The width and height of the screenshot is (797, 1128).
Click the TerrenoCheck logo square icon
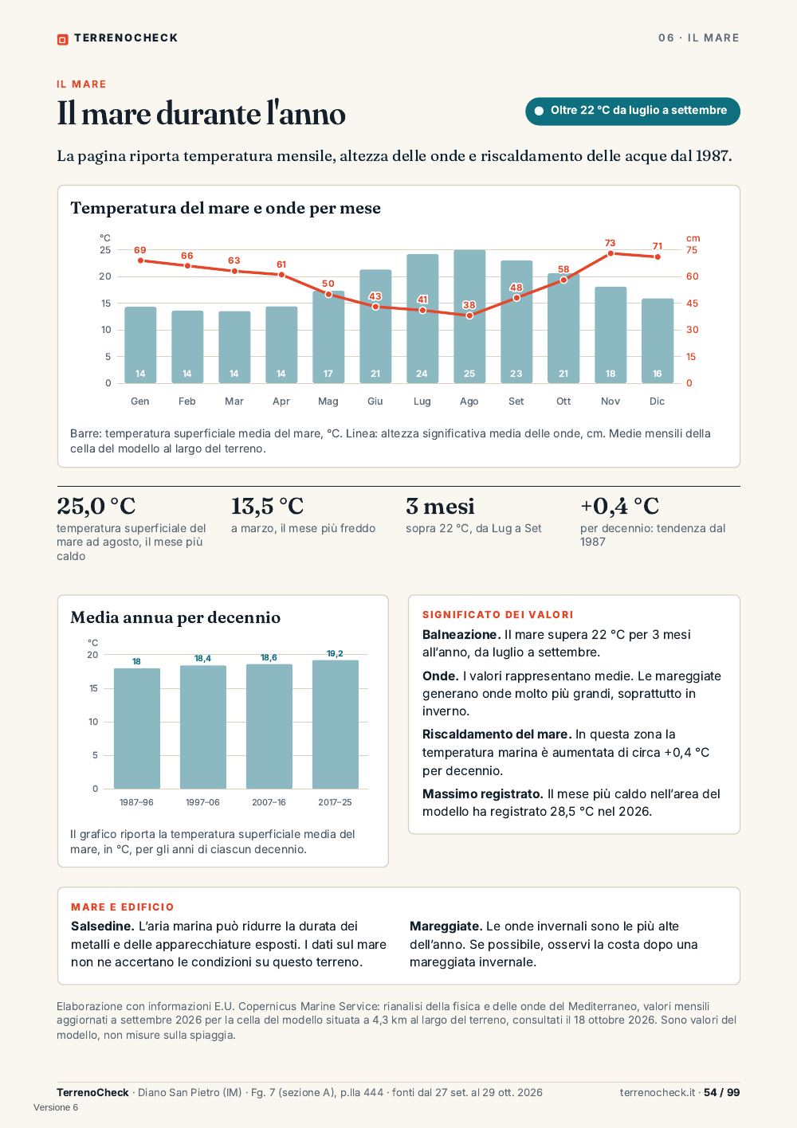click(x=62, y=39)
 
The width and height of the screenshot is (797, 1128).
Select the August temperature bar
click(x=469, y=316)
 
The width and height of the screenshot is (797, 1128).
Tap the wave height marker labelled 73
click(x=610, y=253)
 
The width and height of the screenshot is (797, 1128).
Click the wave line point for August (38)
click(x=469, y=315)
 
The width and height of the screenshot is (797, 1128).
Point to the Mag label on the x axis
click(x=328, y=401)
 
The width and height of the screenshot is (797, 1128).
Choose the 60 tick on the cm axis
click(x=693, y=276)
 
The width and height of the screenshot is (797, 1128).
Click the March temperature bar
click(x=234, y=347)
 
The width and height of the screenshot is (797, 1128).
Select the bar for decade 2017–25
click(x=335, y=724)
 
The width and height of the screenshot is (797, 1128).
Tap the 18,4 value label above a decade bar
click(x=202, y=658)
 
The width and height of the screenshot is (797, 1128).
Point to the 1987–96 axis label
click(x=136, y=802)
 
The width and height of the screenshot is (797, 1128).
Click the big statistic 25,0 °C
click(x=96, y=506)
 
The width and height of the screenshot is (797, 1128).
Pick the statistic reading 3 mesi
click(x=440, y=506)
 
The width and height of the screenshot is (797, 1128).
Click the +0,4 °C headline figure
click(x=619, y=506)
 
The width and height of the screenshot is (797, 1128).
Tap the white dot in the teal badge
click(x=539, y=111)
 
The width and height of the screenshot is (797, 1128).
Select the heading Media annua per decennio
click(x=175, y=617)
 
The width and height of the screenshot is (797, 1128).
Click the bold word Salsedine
click(x=102, y=926)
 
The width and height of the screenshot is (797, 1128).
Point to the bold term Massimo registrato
click(x=483, y=794)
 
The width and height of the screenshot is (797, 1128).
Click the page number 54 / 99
click(x=721, y=1092)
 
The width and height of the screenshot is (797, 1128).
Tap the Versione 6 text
click(x=56, y=1107)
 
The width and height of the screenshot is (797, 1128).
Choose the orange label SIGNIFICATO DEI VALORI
click(x=498, y=615)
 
